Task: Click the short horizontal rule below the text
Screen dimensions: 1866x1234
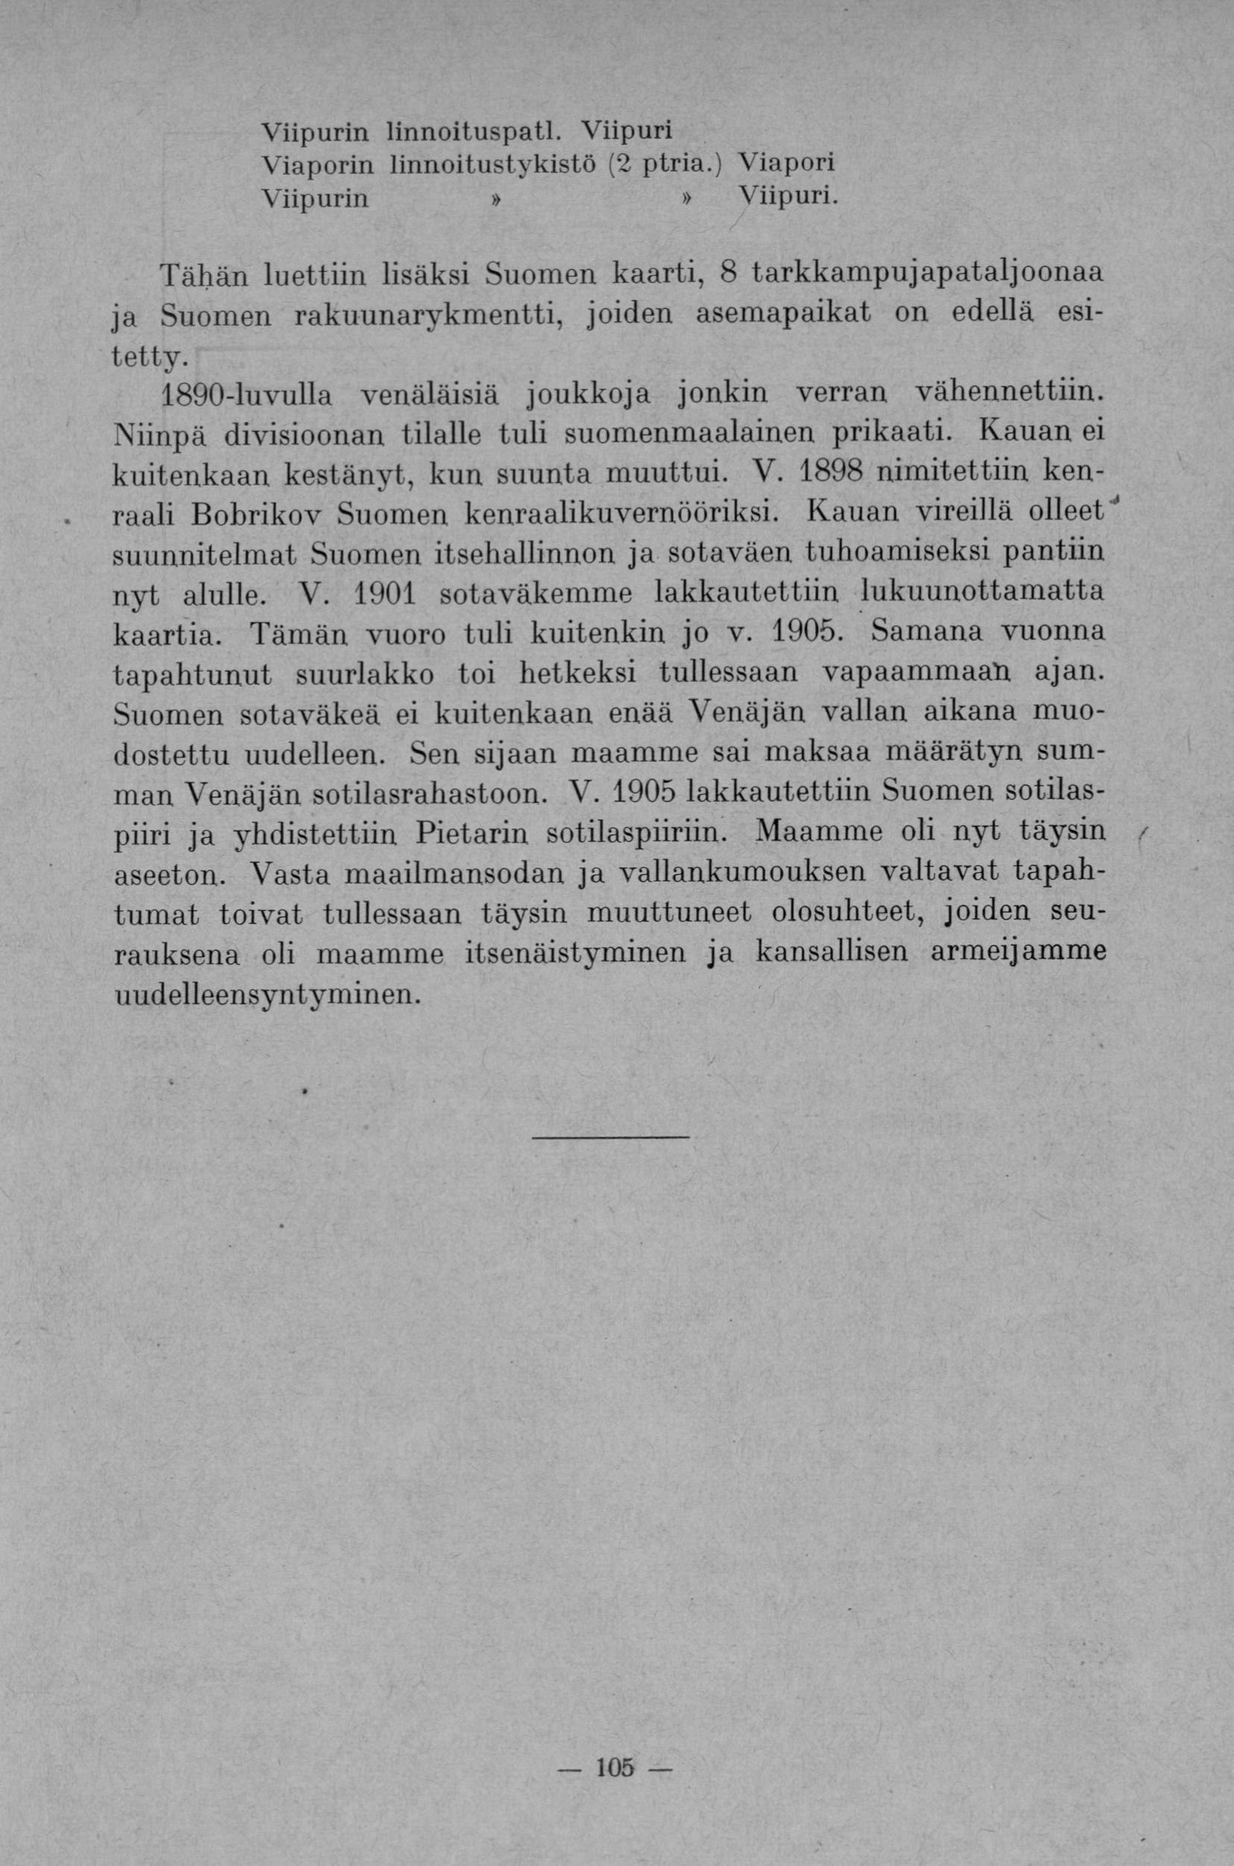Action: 611,1137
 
